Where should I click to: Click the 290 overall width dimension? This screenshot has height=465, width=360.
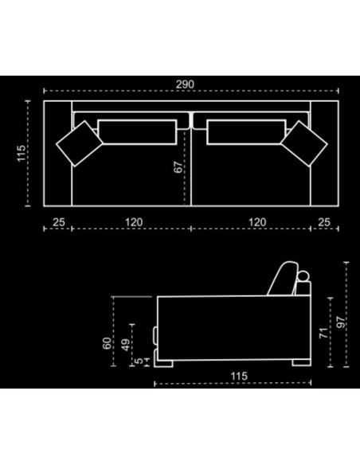click(185, 84)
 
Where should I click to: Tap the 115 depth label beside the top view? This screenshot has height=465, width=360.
click(22, 154)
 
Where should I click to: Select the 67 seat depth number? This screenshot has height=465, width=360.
click(178, 167)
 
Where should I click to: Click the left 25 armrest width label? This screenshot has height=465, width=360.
click(59, 222)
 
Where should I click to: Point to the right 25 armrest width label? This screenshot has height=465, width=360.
click(324, 222)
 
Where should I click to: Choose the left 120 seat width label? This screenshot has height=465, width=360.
click(134, 222)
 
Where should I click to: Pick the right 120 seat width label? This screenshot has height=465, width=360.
click(257, 222)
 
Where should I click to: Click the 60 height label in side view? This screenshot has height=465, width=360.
click(107, 343)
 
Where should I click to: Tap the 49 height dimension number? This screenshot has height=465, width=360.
click(125, 345)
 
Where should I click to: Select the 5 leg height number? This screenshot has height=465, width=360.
click(139, 361)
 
